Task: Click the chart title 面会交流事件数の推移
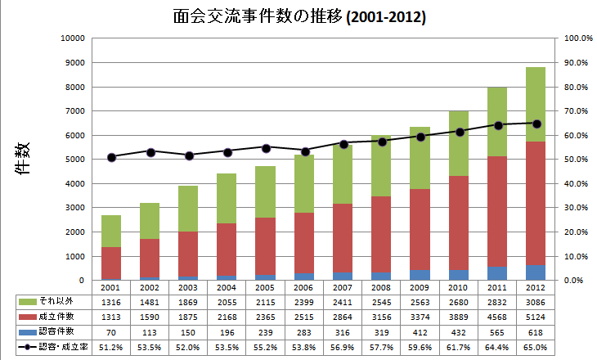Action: tap(298, 16)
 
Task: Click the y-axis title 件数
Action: tap(24, 159)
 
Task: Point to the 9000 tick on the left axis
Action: tap(74, 63)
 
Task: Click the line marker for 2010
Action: tap(459, 132)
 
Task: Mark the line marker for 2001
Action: tap(112, 157)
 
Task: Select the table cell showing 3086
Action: tap(536, 302)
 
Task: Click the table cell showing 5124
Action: tap(536, 317)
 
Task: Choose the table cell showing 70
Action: tap(112, 333)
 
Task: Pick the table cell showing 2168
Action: tap(227, 317)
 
